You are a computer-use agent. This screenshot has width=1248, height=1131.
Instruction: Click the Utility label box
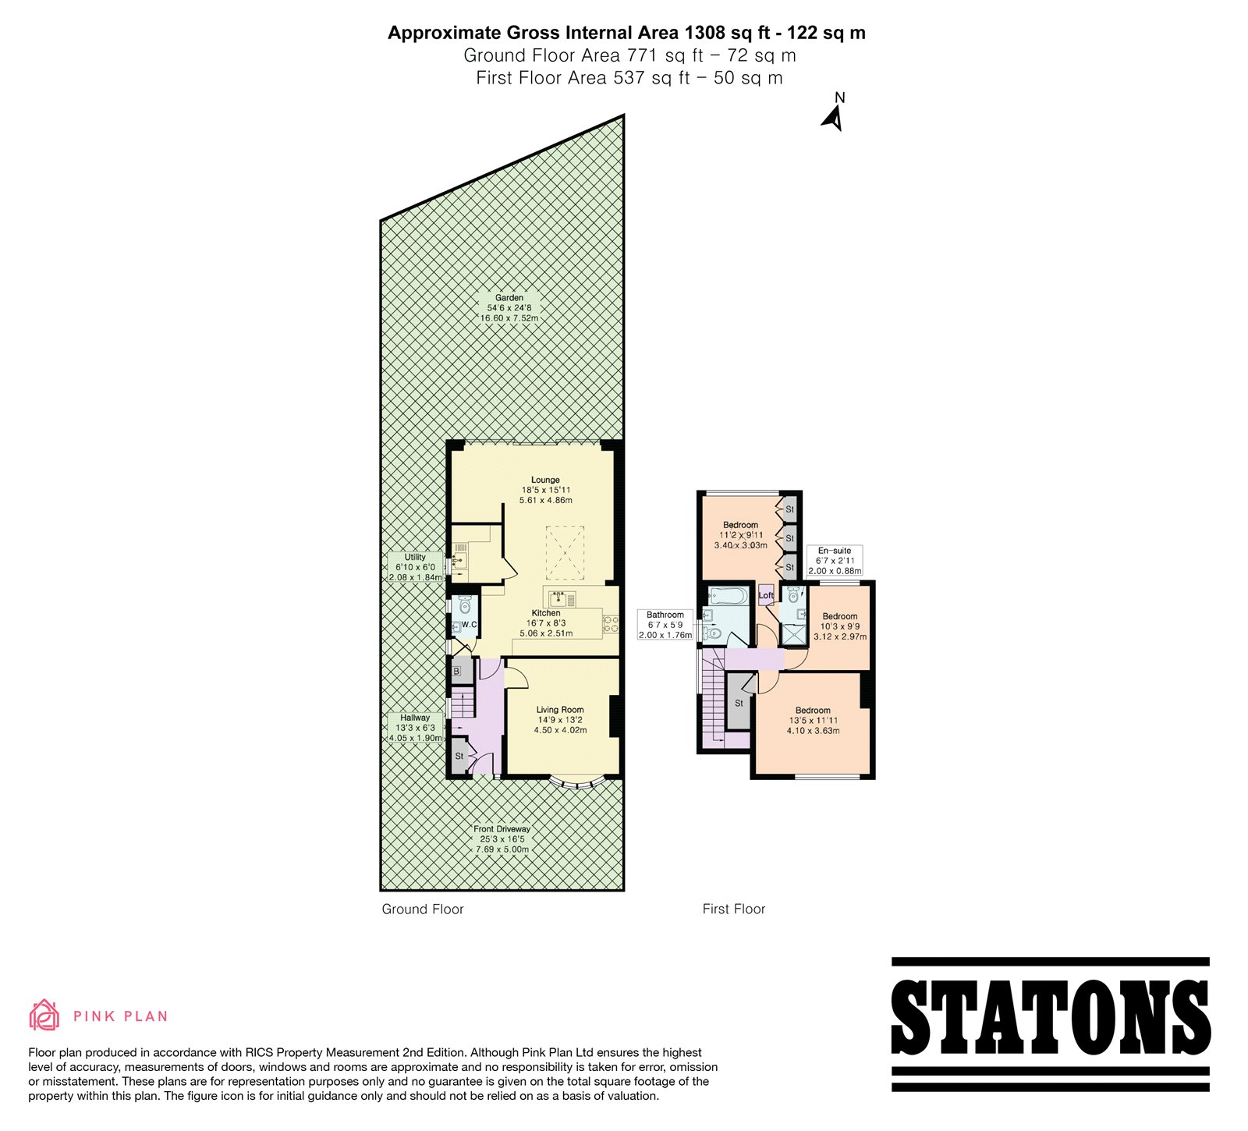coord(415,567)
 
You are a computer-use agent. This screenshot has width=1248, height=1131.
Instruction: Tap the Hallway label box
coord(415,728)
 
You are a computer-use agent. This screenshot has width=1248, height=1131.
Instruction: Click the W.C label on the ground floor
coord(469,625)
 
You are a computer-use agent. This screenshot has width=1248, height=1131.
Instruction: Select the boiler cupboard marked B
coord(457,671)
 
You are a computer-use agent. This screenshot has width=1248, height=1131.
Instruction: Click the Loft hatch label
coord(767,595)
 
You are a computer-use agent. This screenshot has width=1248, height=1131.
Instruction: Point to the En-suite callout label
coord(835,560)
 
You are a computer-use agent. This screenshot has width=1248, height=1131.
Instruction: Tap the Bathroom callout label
coord(665,625)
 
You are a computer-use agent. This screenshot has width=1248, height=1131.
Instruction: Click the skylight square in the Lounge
coord(565,552)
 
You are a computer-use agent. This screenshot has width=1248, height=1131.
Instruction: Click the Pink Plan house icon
coord(44,1015)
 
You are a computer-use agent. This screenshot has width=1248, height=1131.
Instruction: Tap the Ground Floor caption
coord(423,909)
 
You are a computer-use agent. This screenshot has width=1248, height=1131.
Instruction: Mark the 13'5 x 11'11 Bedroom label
coord(814,720)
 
